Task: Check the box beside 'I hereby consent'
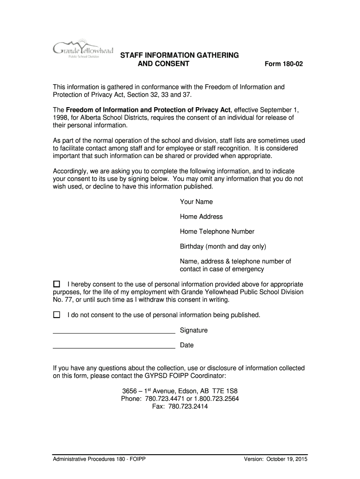pos(57,284)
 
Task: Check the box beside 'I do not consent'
pos(57,315)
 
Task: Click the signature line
pos(114,333)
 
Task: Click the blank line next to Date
pos(114,348)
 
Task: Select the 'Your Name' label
pos(196,202)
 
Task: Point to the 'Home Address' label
pos(202,217)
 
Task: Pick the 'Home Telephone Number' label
pos(217,232)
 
